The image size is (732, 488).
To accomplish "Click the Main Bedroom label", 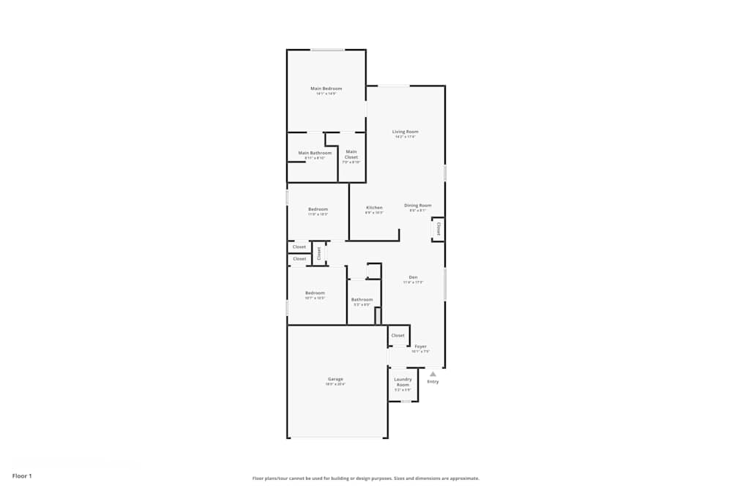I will (326, 89).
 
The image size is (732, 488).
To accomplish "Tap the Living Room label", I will (405, 132).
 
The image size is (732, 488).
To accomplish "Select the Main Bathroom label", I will (315, 153).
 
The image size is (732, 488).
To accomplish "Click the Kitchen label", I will (374, 208).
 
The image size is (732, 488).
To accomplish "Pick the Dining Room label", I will (418, 206).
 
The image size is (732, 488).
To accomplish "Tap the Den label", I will (413, 277).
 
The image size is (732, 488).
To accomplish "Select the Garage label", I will (335, 379).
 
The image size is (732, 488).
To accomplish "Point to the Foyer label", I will (421, 346).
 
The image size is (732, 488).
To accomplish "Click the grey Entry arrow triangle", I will (433, 374).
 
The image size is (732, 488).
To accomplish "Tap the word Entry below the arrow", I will (433, 381).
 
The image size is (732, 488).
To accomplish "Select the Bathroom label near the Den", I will (362, 299).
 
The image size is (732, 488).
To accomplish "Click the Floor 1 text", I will (22, 476).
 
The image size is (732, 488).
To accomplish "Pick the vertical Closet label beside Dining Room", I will (438, 229).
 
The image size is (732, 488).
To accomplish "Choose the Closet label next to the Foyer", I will (397, 335).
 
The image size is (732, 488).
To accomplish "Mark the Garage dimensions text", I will (335, 384).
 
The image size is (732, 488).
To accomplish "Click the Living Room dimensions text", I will (405, 137).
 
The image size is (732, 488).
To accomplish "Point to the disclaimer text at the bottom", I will (366, 478).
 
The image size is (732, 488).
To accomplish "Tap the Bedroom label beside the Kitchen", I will (318, 209).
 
